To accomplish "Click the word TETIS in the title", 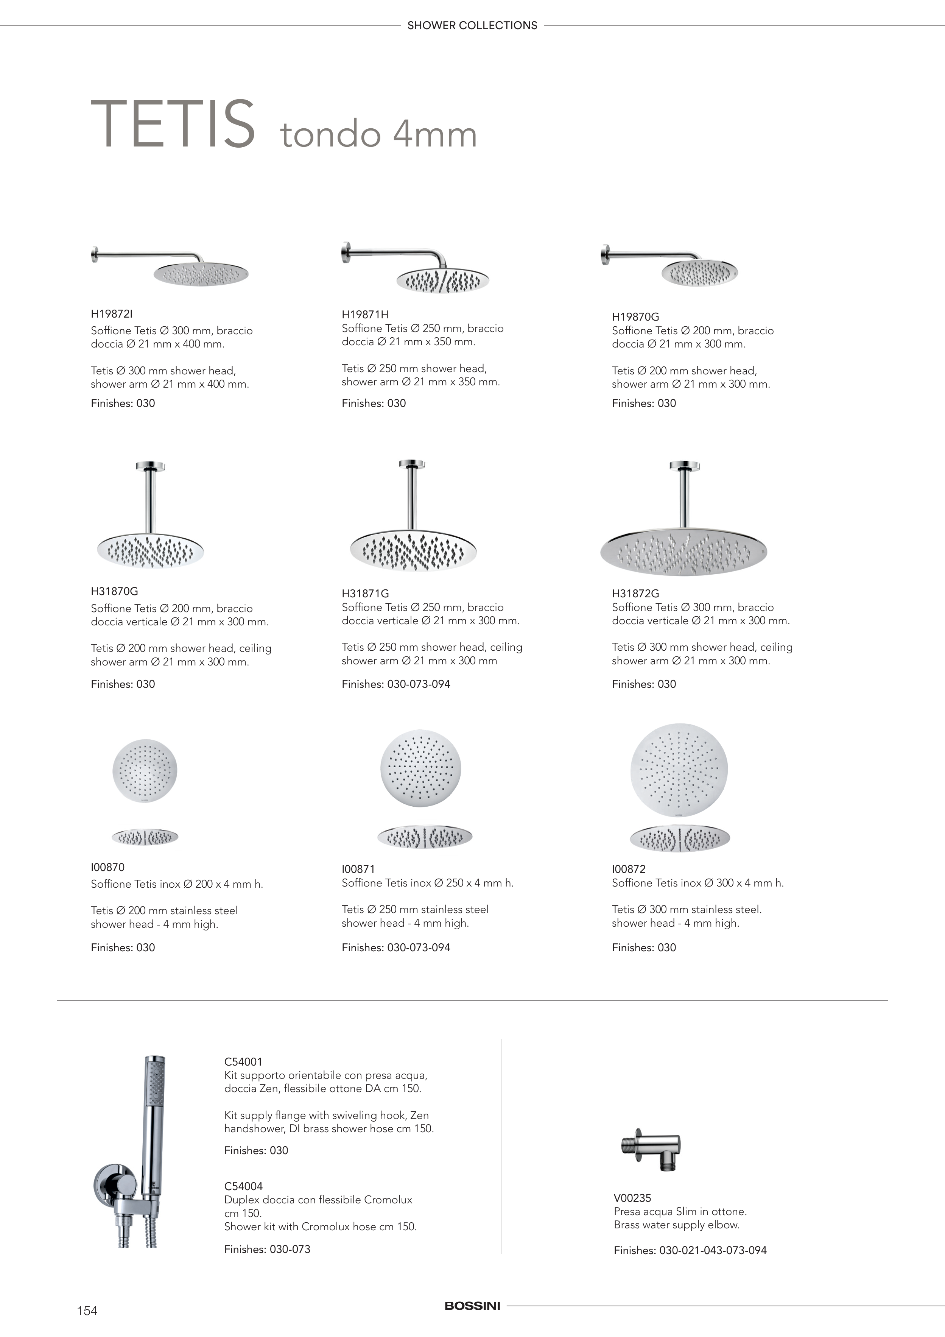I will coord(173,124).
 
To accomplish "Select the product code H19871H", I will coord(365,315).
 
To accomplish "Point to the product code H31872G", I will coord(635,594).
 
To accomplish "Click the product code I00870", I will coord(108,867).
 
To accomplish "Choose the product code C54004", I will coord(243,1186).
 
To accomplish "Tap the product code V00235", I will coord(632,1198).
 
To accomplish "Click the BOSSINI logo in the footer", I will coord(472,1306).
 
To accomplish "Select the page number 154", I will coord(87,1311).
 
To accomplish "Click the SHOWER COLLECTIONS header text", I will coord(472,26).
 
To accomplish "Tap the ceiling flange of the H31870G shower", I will coord(151,466).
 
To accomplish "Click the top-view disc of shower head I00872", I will coord(679,770).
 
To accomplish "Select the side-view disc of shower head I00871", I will coord(425,837).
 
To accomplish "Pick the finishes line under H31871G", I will coord(396,684).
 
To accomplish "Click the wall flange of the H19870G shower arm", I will coord(604,254).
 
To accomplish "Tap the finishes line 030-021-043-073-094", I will coord(690,1250).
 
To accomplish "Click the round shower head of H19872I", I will coord(201,274).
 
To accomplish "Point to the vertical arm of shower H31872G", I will coord(684,499).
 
